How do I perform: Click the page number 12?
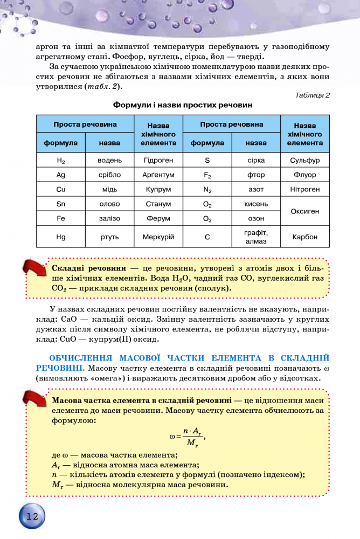pyautogui.click(x=32, y=516)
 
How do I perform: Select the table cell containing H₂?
pyautogui.click(x=60, y=160)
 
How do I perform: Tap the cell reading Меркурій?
pyautogui.click(x=158, y=237)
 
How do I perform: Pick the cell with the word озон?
pyautogui.click(x=256, y=219)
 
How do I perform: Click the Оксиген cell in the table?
pyautogui.click(x=305, y=212)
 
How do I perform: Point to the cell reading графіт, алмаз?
pyautogui.click(x=256, y=237)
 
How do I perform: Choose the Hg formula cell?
pyautogui.click(x=60, y=237)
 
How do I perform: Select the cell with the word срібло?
pyautogui.click(x=110, y=175)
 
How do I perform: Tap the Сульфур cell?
pyautogui.click(x=305, y=160)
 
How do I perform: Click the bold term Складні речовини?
pyautogui.click(x=89, y=268)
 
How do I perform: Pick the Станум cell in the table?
pyautogui.click(x=158, y=204)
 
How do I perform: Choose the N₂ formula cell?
pyautogui.click(x=207, y=190)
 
